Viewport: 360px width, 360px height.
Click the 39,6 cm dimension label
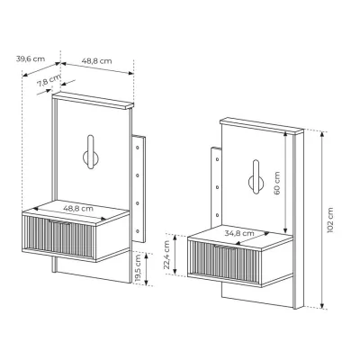tap(31, 59)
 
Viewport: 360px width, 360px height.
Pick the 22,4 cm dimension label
tap(166, 256)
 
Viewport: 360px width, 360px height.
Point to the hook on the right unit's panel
tap(256, 176)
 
